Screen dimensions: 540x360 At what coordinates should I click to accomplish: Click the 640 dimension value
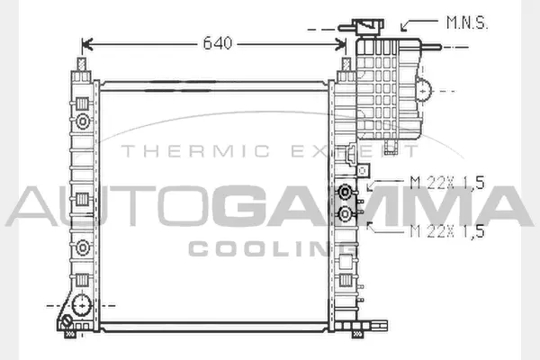click(218, 43)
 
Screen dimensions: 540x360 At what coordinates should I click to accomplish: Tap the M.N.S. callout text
click(466, 22)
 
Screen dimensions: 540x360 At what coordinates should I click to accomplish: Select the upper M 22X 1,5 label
click(447, 183)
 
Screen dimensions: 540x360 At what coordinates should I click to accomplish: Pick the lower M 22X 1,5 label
click(447, 230)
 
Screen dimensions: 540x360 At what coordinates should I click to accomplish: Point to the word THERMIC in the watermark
click(195, 151)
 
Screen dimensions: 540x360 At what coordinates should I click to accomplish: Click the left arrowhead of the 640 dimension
click(87, 44)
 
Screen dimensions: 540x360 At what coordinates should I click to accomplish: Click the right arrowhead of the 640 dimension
click(340, 44)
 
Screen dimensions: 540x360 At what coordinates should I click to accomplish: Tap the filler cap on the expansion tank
click(368, 27)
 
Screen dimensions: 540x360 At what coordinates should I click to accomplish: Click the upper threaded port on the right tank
click(345, 192)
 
